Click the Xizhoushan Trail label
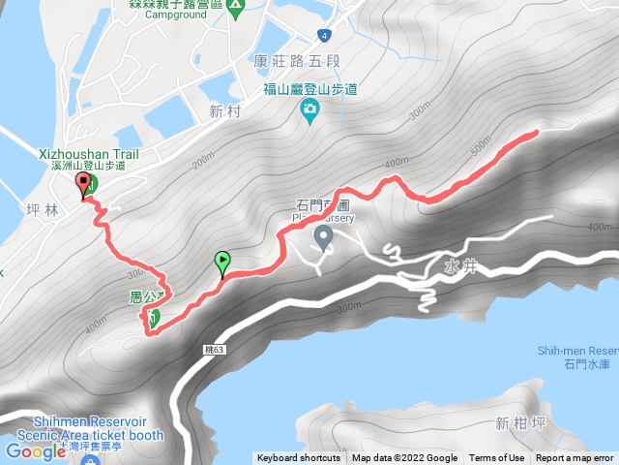(x=90, y=153)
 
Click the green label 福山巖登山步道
(x=310, y=90)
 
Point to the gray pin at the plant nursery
(x=323, y=236)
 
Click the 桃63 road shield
(x=215, y=349)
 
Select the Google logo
(x=35, y=450)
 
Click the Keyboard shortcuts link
(x=298, y=458)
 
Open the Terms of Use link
(x=496, y=458)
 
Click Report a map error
(x=575, y=458)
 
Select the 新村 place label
(x=222, y=110)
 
